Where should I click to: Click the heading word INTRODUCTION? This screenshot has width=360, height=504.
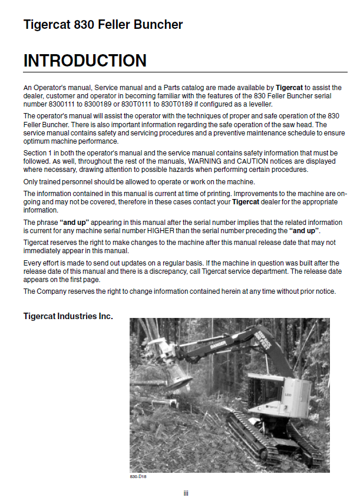coord(85,61)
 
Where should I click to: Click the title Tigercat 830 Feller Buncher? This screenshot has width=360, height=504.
coord(103,25)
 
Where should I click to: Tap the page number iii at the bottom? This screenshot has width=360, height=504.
coord(186,493)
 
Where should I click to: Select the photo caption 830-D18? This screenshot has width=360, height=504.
coord(138,476)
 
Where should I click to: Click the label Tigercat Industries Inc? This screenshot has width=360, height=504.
coord(68,316)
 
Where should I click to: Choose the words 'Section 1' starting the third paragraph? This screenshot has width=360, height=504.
coord(40,153)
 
